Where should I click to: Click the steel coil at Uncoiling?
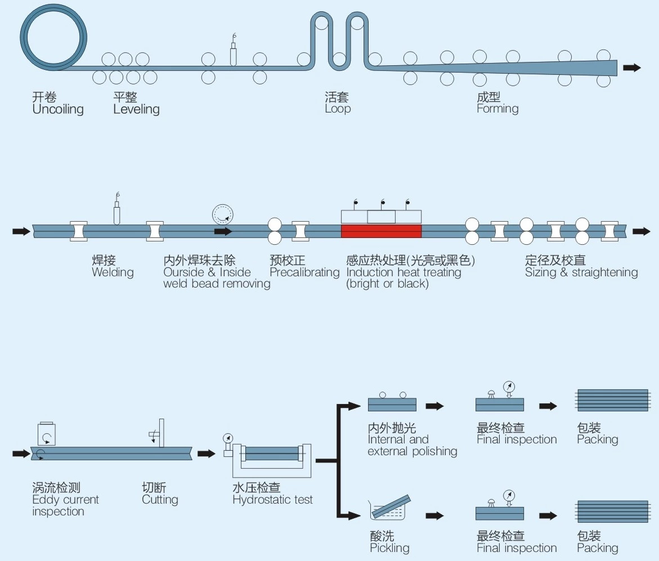53,37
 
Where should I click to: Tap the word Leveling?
136,109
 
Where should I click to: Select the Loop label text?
338,109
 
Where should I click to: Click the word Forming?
497,109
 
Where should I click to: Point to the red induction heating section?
381,231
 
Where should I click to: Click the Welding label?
113,272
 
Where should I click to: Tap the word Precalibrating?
304,272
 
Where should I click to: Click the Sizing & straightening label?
581,272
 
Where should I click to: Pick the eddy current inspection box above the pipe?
46,434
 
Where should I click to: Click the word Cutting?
160,500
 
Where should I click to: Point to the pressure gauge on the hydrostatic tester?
228,438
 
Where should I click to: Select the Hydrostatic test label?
272,500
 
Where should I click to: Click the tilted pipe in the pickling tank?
392,508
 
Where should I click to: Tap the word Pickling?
389,548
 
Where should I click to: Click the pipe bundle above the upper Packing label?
612,401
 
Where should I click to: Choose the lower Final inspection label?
517,548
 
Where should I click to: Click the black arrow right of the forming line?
632,68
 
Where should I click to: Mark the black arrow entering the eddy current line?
21,453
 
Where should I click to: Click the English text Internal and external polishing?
412,445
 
